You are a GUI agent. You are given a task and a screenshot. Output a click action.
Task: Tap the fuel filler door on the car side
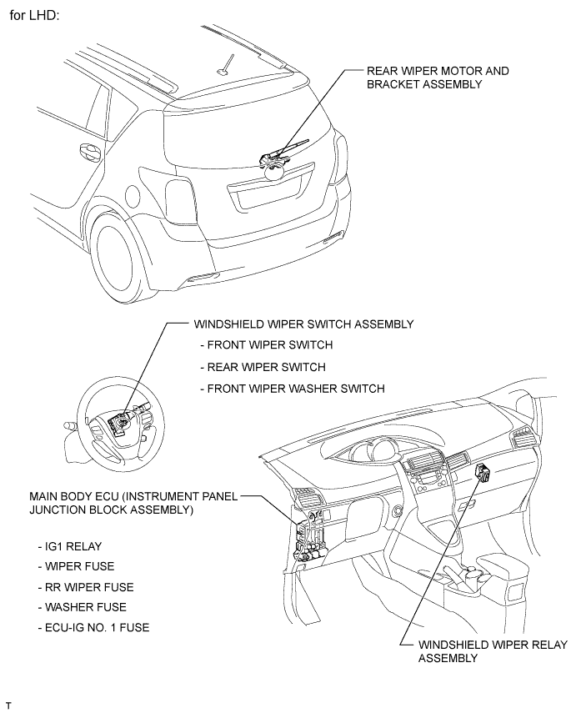(131, 195)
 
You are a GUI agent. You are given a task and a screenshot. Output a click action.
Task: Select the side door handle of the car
(86, 153)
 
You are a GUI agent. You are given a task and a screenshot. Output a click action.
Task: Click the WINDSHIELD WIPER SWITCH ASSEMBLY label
(303, 324)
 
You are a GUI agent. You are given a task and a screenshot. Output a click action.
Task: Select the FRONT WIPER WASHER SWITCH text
(293, 389)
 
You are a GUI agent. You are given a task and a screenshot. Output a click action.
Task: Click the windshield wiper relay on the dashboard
(482, 474)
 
